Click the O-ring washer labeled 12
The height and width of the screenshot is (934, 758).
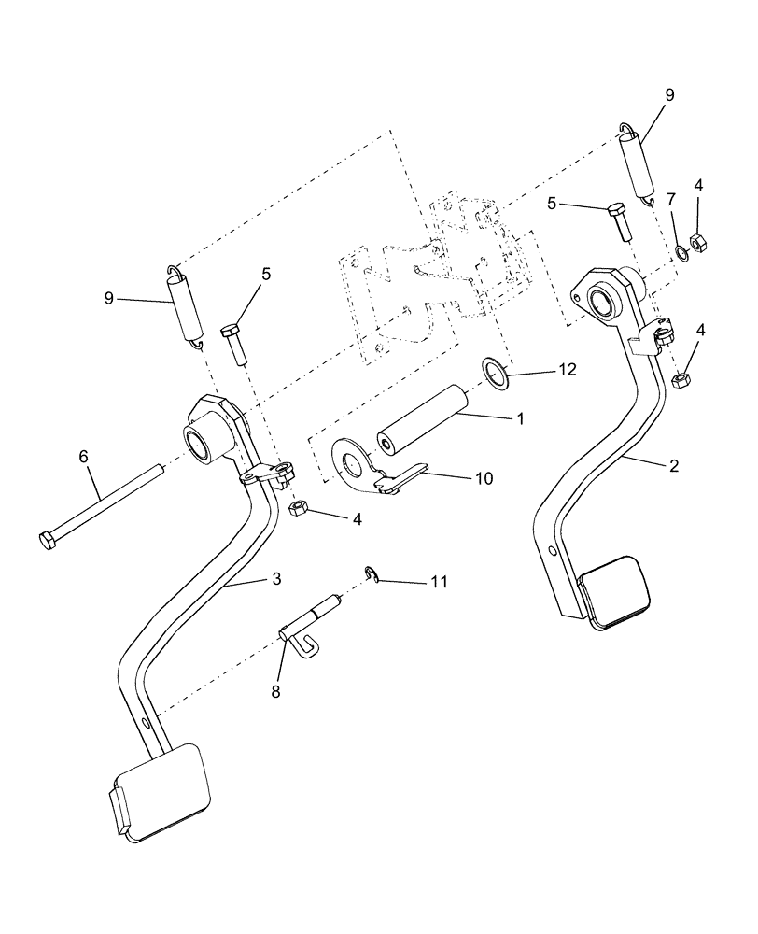496,371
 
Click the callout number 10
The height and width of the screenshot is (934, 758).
482,477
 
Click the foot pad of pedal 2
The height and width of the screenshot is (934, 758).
612,591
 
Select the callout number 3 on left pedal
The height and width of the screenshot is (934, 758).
276,579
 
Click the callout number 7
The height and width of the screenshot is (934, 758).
670,199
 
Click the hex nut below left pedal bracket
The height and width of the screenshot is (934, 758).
301,509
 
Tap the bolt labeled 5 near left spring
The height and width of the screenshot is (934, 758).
233,343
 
